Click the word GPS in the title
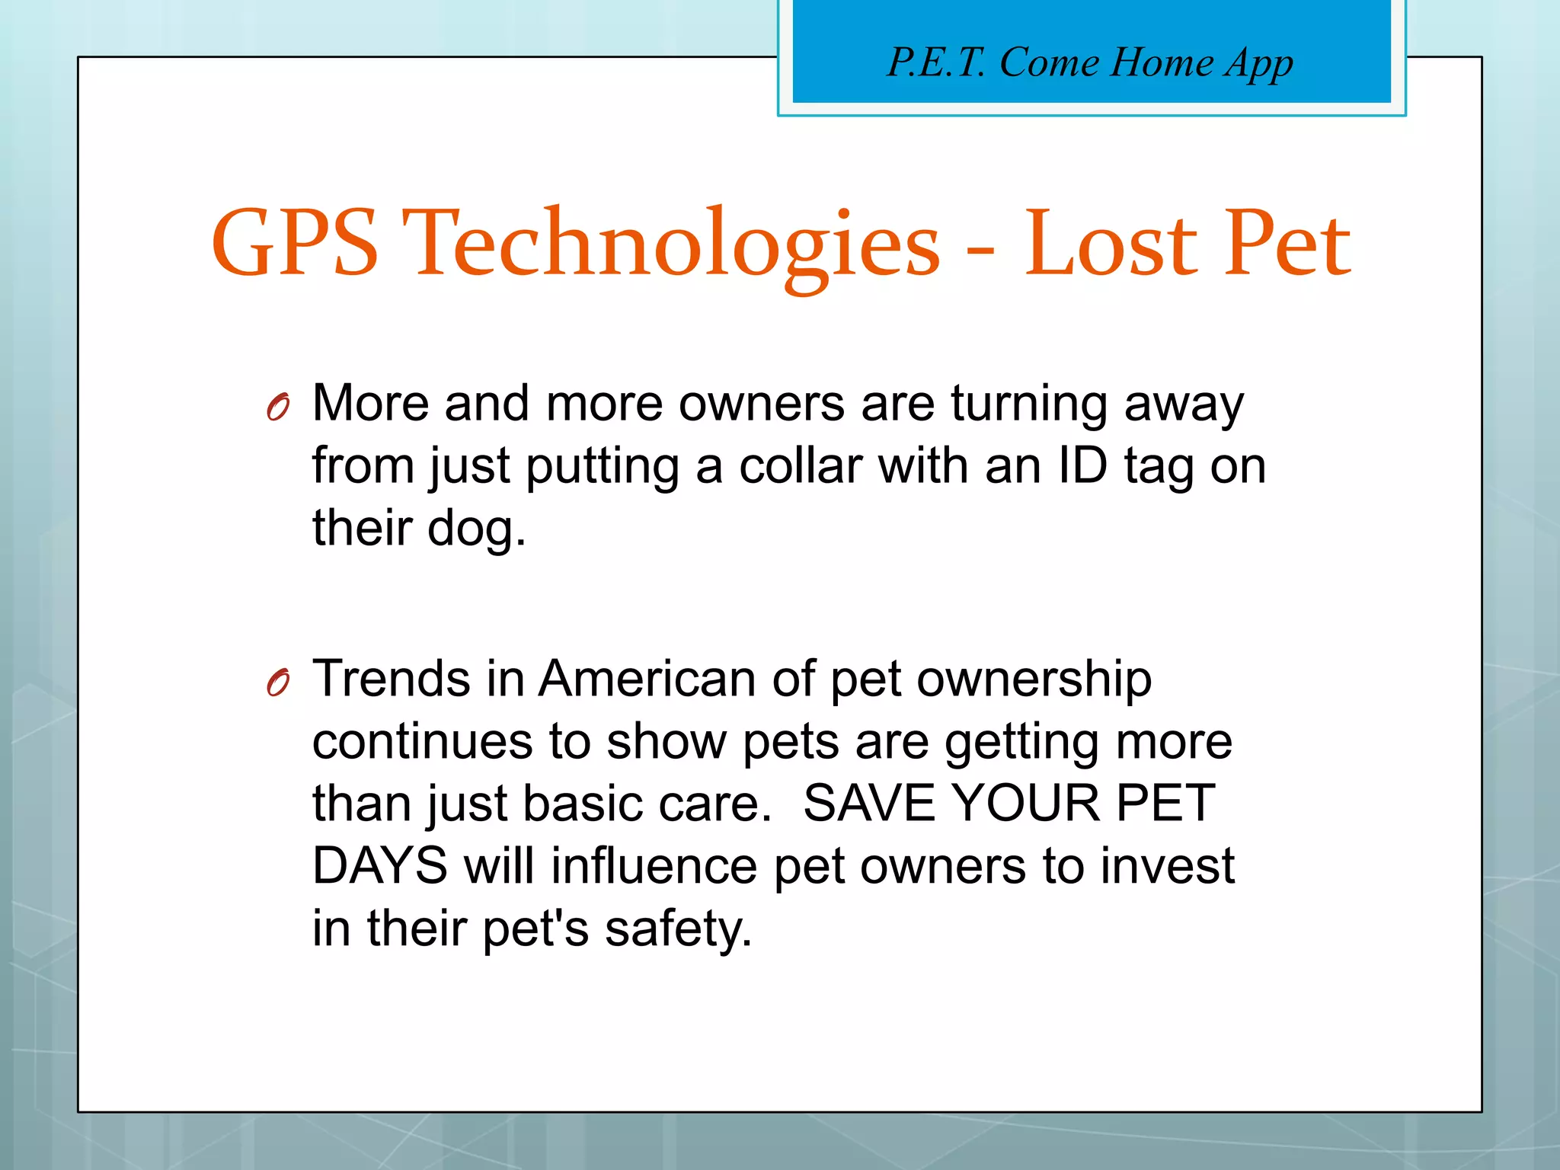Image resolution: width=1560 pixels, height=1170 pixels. (295, 244)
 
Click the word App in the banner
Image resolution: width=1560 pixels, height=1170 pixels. (1258, 64)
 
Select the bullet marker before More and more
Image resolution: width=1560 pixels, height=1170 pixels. (278, 408)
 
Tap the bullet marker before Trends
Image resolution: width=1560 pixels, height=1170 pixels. (278, 683)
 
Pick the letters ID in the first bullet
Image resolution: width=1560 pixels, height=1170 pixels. (1082, 465)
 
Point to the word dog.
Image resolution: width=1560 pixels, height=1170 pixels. (475, 529)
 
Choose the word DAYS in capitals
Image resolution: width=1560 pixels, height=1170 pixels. (380, 866)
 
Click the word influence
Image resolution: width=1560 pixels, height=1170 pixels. (654, 866)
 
